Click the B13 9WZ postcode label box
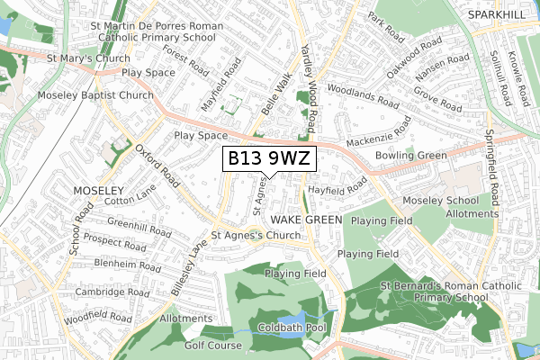[269, 159]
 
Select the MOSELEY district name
[94, 192]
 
